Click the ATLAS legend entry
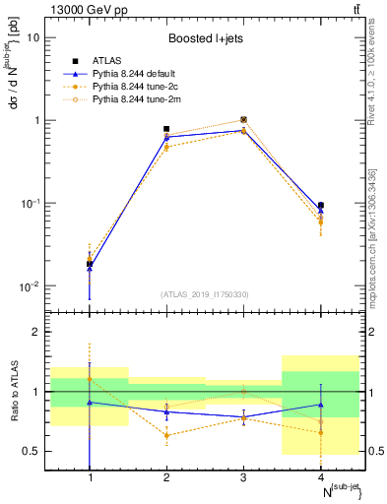103,61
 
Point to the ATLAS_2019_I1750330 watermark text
206,294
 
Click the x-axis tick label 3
242,477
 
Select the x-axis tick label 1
91,477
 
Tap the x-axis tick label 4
318,477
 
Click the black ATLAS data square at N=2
166,129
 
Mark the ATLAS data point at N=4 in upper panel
321,206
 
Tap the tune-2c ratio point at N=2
166,435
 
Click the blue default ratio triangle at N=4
321,405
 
